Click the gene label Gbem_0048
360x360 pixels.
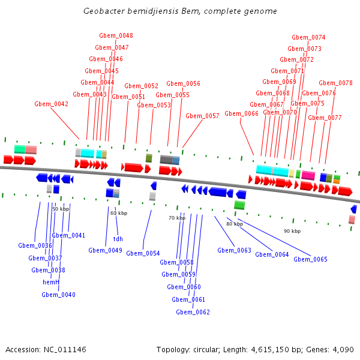point(116,35)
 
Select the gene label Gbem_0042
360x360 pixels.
point(51,104)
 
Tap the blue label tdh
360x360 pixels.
point(118,239)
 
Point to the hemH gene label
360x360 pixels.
point(51,282)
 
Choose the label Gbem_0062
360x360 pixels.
point(193,312)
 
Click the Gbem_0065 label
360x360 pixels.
point(310,259)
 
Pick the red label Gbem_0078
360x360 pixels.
point(335,83)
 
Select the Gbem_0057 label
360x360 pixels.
point(202,116)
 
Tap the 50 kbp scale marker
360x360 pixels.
point(61,209)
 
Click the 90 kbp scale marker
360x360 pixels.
point(292,231)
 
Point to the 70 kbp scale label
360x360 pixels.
point(177,218)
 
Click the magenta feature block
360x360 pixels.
point(308,175)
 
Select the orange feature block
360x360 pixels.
point(337,182)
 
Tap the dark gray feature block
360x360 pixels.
point(166,160)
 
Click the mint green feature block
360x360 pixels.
point(20,149)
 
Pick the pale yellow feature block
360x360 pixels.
point(292,173)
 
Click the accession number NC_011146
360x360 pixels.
point(65,349)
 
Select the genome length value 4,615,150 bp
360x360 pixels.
point(277,349)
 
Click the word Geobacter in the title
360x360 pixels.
point(104,11)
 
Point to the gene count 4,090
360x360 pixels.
point(343,349)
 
